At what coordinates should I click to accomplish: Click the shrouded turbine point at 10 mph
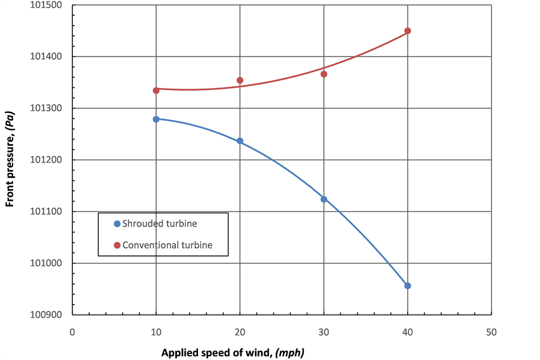156,119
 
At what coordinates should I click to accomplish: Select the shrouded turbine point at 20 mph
240,141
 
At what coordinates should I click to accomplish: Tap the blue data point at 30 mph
324,199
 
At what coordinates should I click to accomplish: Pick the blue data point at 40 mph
408,286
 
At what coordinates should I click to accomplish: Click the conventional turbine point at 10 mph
156,90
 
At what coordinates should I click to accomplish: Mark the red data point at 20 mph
240,80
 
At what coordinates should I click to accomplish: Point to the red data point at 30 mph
324,74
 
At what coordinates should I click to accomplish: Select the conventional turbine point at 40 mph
408,30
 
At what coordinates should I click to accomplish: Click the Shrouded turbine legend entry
159,224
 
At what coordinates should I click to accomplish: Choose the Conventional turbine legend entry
167,245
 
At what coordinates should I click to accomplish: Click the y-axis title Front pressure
10,160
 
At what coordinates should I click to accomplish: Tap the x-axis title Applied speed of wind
233,352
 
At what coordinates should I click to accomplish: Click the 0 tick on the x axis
72,332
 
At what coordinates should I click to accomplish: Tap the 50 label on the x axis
492,332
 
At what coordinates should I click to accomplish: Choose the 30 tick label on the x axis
324,332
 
